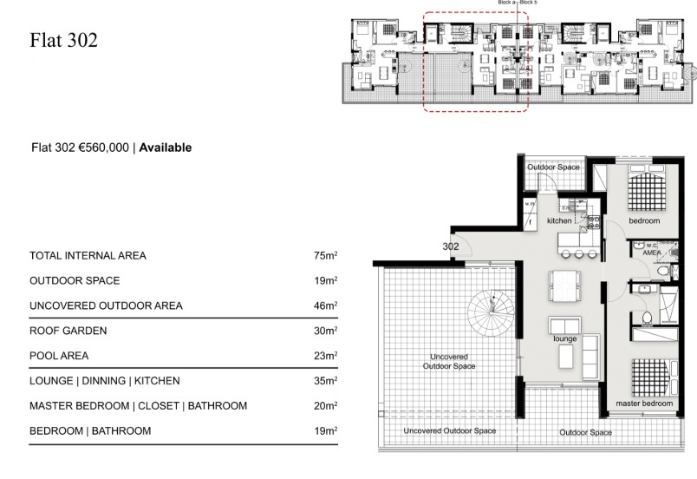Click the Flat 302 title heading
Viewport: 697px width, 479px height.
[63, 40]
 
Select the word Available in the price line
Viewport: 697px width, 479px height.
[166, 148]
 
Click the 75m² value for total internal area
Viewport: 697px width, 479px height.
[325, 256]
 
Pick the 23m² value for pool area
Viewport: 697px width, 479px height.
[325, 356]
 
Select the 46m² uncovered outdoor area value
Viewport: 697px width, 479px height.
[325, 305]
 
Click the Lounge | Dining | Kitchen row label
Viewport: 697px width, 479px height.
[105, 381]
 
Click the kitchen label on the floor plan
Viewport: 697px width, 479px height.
[559, 221]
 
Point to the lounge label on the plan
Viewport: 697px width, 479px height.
[565, 338]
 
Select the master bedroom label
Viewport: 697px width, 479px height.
[644, 404]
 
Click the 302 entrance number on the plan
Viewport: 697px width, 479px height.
[451, 246]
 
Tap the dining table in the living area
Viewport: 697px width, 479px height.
[564, 284]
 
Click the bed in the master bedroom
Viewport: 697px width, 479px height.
[649, 377]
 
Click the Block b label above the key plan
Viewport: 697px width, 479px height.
[529, 3]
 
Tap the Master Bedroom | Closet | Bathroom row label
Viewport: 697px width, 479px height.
[139, 406]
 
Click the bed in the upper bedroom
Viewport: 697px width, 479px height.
[646, 189]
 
